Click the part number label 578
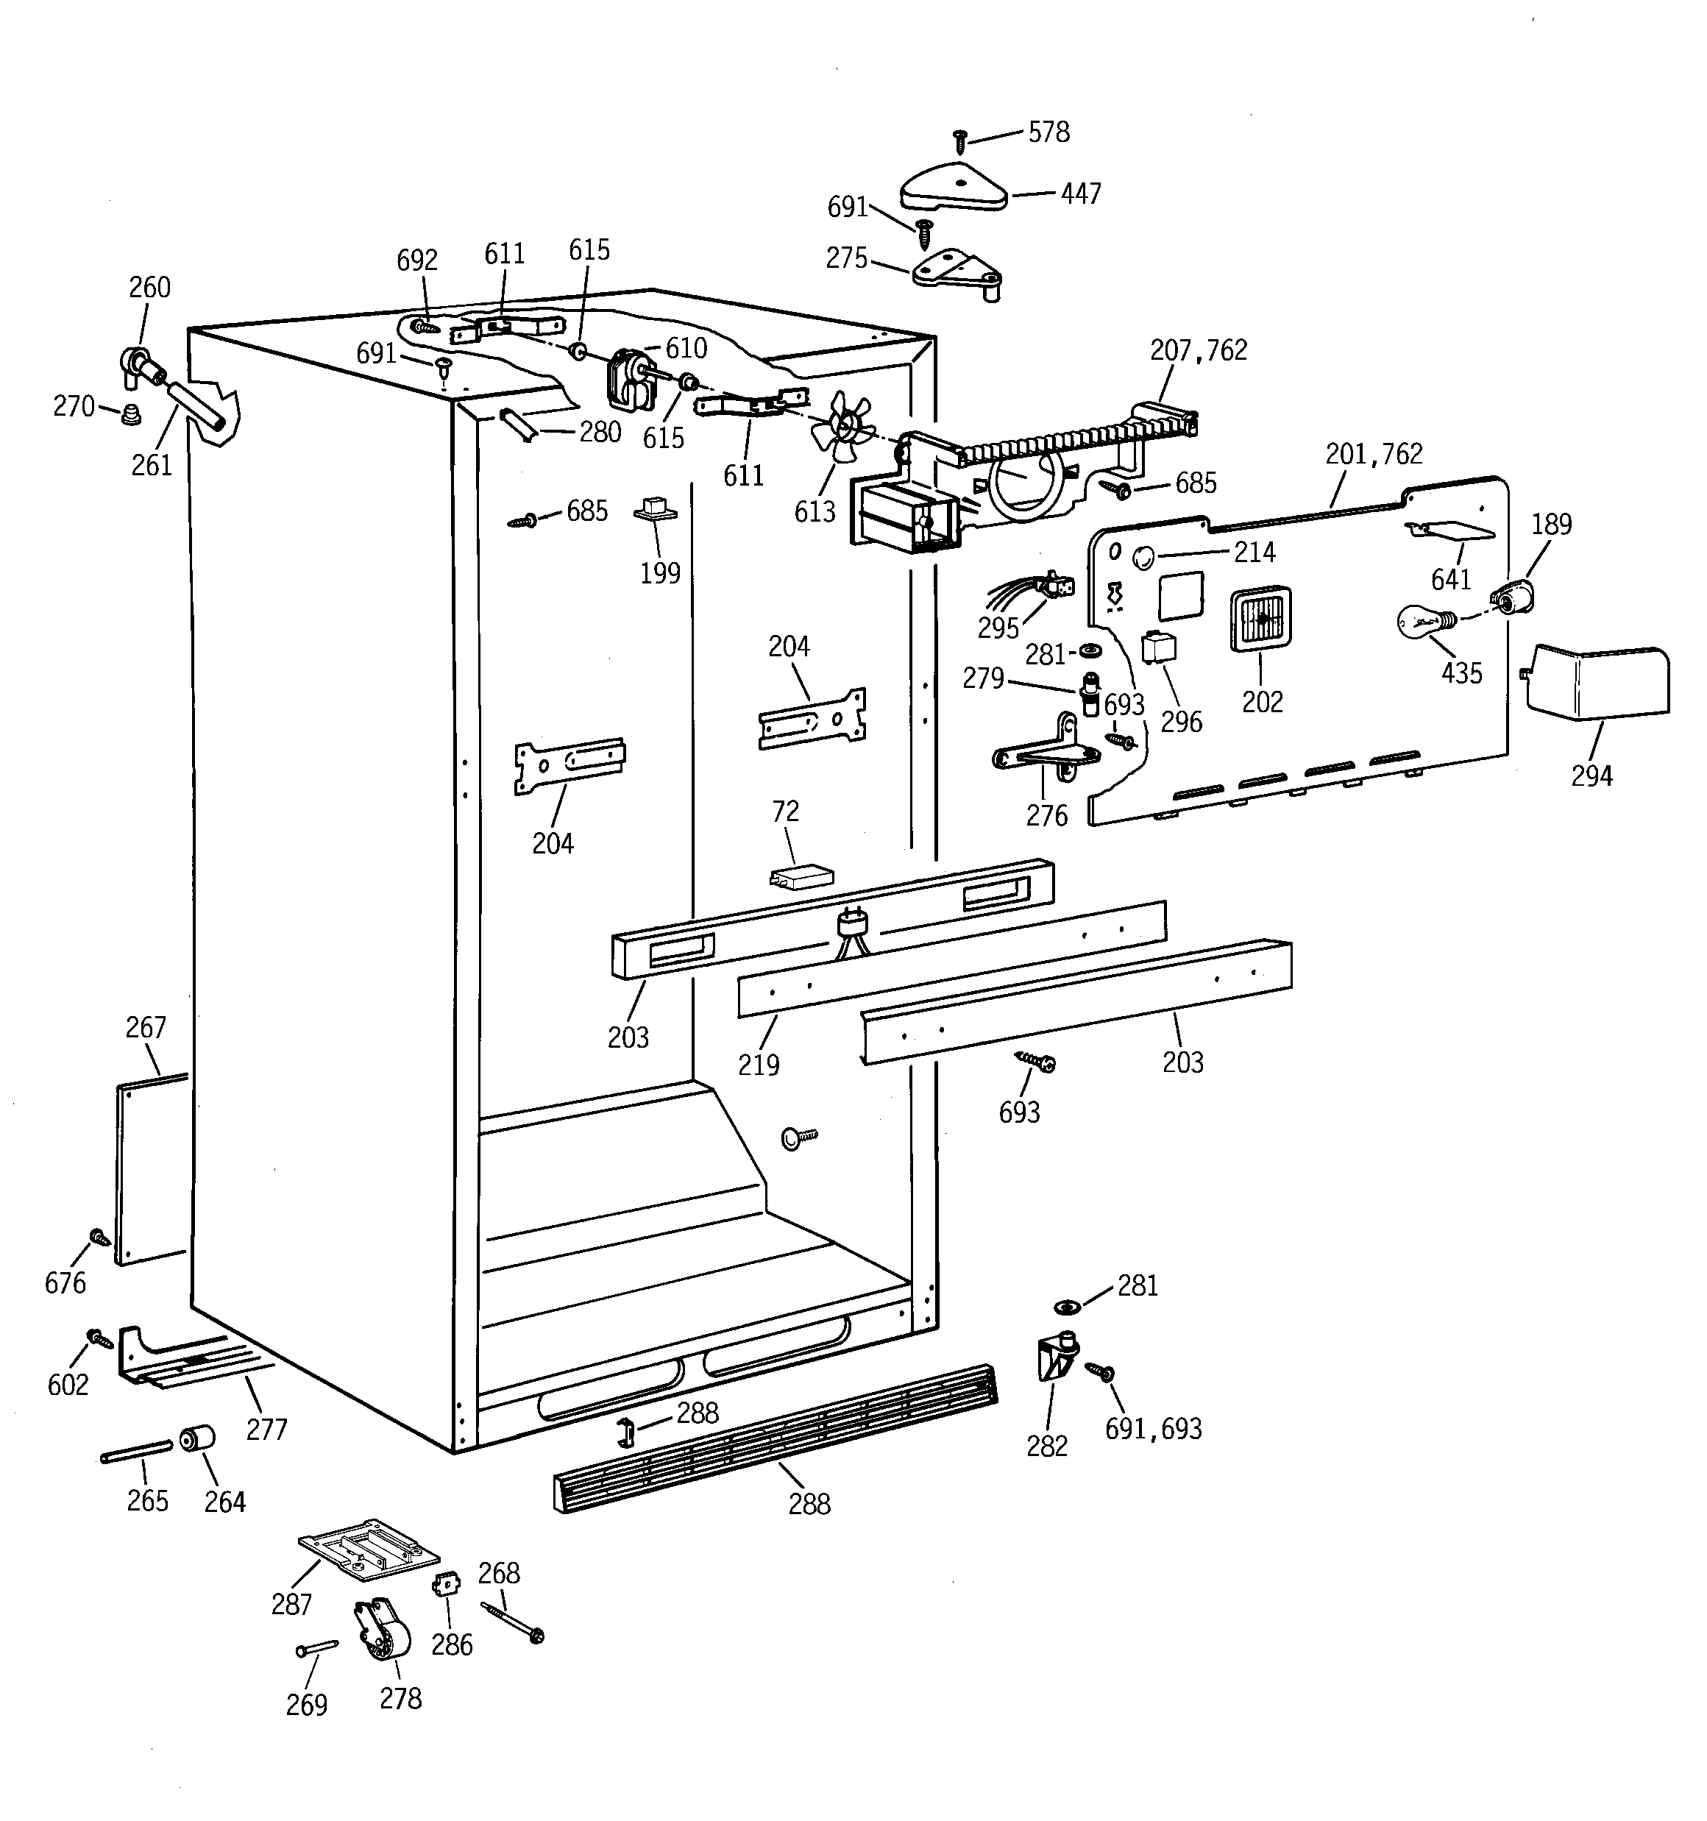(x=1048, y=133)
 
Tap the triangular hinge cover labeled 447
(x=954, y=188)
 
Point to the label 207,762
(x=1199, y=350)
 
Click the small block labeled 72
(x=801, y=876)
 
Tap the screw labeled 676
(x=99, y=1238)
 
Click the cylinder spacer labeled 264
(x=197, y=1438)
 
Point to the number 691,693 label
(x=1153, y=1429)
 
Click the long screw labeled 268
(x=512, y=1622)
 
